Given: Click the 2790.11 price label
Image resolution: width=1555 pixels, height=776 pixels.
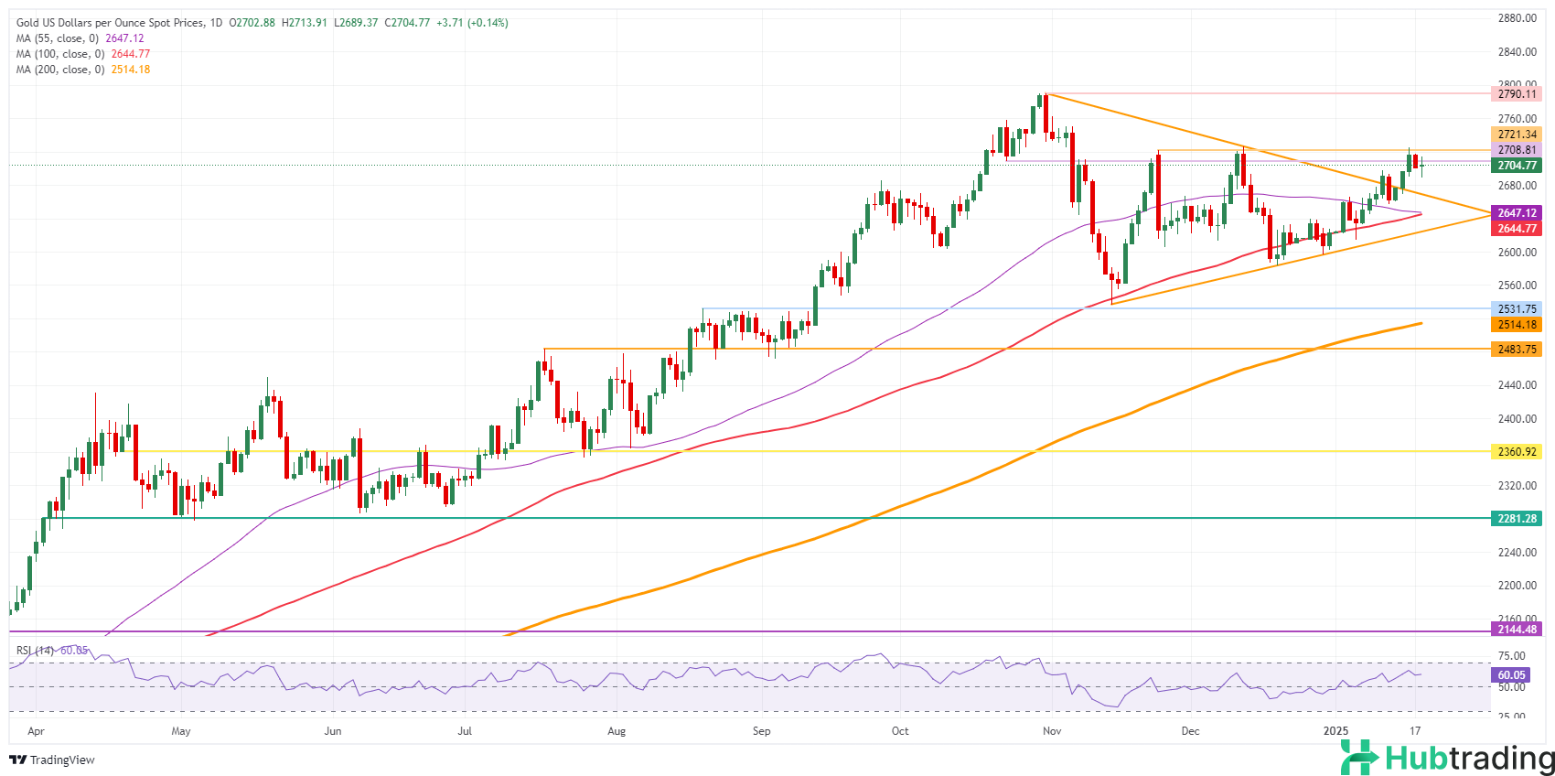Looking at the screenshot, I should [x=1517, y=94].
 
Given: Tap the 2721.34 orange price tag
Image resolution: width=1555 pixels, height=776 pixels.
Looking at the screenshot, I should [x=1517, y=135].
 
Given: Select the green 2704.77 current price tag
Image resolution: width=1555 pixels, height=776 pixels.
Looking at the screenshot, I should [x=1517, y=166].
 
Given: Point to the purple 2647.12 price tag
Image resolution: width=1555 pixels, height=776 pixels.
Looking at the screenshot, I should [x=1517, y=213].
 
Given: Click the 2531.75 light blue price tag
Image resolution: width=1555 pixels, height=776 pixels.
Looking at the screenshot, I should [x=1517, y=309].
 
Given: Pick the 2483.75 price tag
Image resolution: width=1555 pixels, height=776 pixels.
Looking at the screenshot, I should [x=1517, y=350].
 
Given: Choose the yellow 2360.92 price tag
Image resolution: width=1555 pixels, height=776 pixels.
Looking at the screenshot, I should [x=1517, y=452].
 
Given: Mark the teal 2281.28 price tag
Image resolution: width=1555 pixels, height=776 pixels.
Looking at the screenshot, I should [x=1517, y=519].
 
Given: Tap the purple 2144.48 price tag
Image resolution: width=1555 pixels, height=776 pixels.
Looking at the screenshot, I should [x=1517, y=630].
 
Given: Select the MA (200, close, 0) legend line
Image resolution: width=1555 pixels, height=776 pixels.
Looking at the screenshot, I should [x=83, y=70].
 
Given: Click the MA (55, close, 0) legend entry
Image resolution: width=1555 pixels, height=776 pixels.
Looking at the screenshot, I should [x=80, y=38].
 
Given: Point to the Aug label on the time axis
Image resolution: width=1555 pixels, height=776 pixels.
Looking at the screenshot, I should [x=617, y=731].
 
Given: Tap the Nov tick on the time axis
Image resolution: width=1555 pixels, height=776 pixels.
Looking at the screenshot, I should [x=1052, y=731].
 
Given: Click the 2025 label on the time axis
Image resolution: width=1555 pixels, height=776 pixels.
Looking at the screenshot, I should [x=1336, y=731].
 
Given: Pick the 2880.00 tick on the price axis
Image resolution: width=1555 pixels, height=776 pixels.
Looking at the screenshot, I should [x=1517, y=18].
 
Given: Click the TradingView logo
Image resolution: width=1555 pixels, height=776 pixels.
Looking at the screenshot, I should [x=52, y=760].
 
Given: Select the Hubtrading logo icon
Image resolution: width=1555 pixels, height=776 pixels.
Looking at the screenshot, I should [x=1359, y=758].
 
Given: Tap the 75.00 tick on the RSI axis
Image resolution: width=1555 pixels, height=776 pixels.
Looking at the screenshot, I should [x=1512, y=656].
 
